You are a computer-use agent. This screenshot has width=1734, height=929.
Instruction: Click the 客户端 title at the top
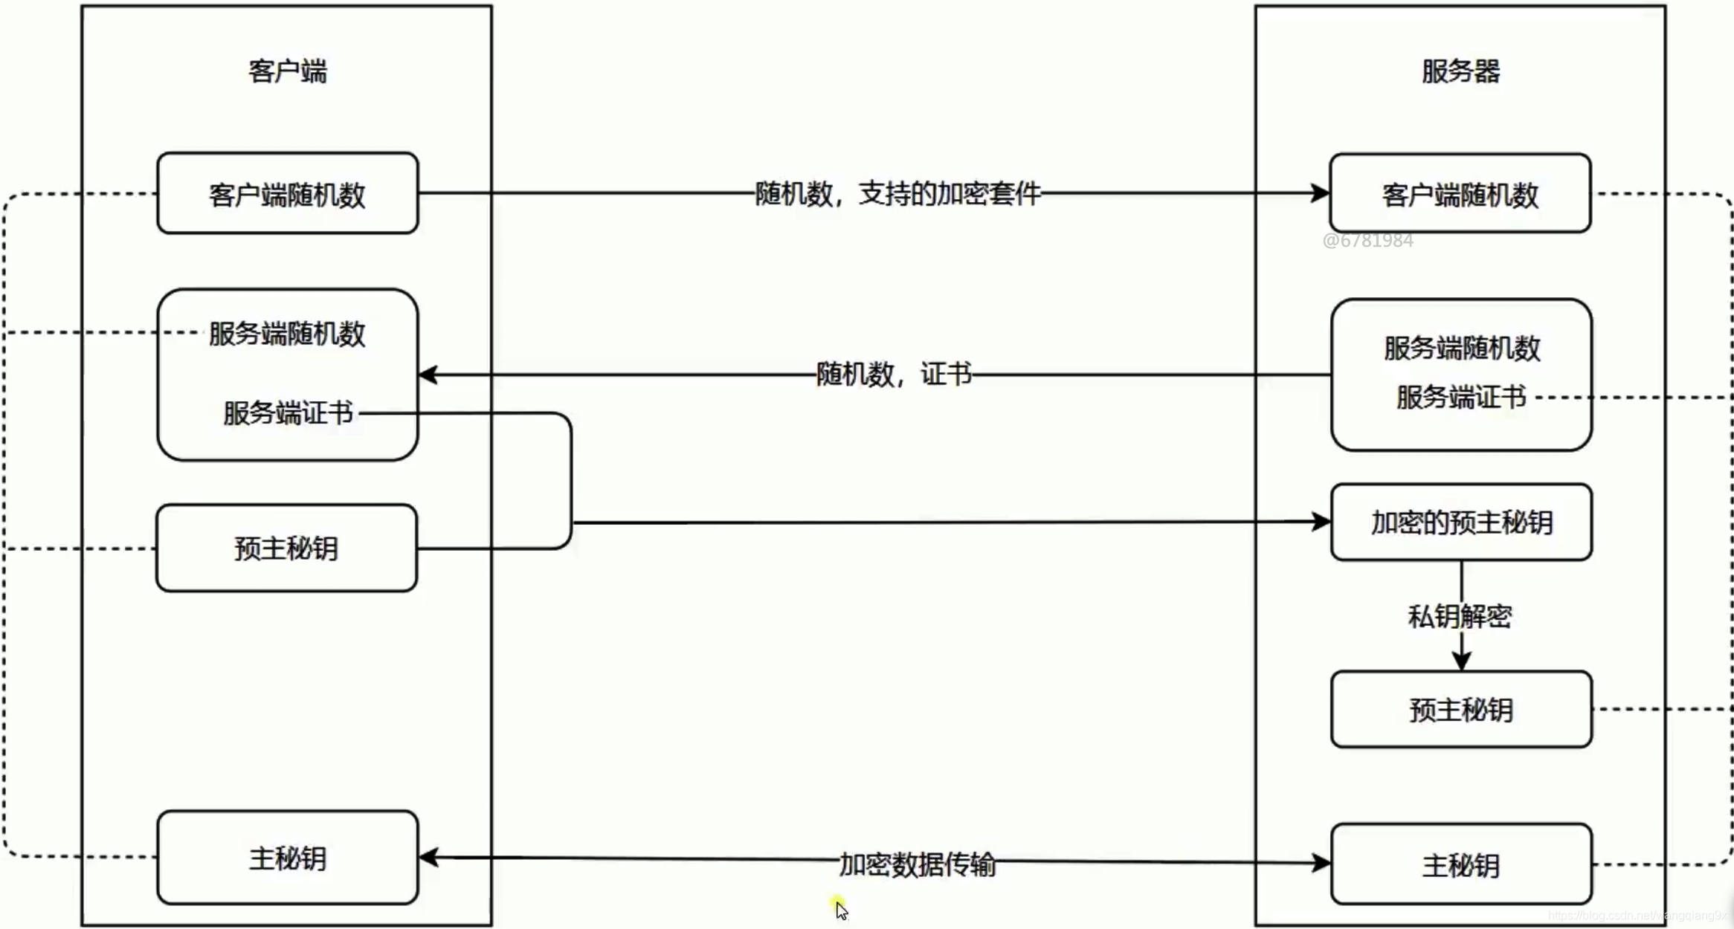(x=287, y=71)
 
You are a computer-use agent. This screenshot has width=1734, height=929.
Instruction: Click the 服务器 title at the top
(x=1460, y=71)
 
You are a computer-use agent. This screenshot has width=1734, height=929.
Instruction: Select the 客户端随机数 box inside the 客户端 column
(x=287, y=194)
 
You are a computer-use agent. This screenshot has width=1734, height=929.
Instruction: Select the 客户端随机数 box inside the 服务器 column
(x=1460, y=194)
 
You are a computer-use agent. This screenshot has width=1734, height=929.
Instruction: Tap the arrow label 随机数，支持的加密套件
(x=897, y=194)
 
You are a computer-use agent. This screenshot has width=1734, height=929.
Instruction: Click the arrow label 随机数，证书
(x=894, y=374)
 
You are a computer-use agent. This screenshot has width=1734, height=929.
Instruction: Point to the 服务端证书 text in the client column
(x=288, y=412)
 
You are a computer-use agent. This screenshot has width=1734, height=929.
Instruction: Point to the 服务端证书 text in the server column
(x=1460, y=397)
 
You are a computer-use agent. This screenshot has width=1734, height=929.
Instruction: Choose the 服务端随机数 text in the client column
(x=287, y=334)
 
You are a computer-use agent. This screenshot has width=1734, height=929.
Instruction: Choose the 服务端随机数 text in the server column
(x=1462, y=349)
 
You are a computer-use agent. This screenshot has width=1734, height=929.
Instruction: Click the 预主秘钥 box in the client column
(x=286, y=548)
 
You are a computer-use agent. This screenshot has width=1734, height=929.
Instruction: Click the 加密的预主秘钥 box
(x=1461, y=522)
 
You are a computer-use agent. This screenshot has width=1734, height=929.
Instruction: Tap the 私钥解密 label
(x=1460, y=616)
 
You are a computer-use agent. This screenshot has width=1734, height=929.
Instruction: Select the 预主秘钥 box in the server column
(x=1461, y=710)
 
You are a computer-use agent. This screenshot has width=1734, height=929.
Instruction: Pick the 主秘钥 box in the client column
(x=287, y=858)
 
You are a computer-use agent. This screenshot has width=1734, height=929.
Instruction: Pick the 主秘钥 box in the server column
(x=1461, y=865)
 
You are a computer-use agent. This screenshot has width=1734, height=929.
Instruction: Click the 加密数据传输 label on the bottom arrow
(x=917, y=864)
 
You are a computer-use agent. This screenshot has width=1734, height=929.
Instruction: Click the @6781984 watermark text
(x=1367, y=240)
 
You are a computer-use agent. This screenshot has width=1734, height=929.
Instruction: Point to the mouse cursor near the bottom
(x=841, y=909)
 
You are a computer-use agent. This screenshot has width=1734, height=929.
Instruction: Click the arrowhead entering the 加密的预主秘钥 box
(x=1322, y=522)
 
